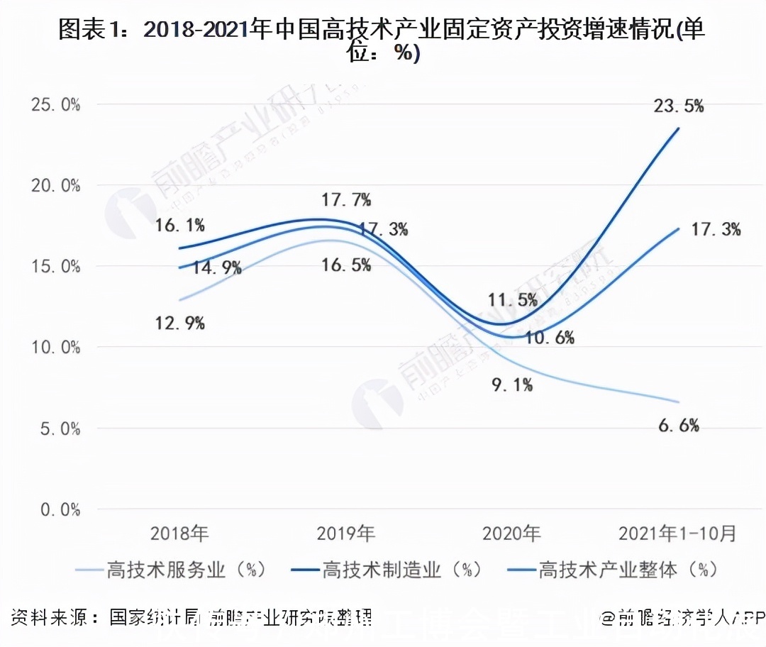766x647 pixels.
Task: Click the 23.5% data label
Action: click(x=679, y=106)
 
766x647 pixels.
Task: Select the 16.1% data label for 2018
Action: click(x=180, y=226)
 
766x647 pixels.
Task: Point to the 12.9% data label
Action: click(x=180, y=323)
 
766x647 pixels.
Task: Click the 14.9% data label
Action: click(x=217, y=268)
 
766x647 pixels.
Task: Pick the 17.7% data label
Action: click(x=346, y=200)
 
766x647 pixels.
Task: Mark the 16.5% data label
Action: click(x=346, y=265)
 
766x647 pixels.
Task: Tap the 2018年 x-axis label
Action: click(x=180, y=533)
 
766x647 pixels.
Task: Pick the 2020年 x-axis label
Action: click(x=512, y=533)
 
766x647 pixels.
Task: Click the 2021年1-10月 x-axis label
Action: click(x=677, y=533)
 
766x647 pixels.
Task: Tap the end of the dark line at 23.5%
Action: click(x=679, y=128)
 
